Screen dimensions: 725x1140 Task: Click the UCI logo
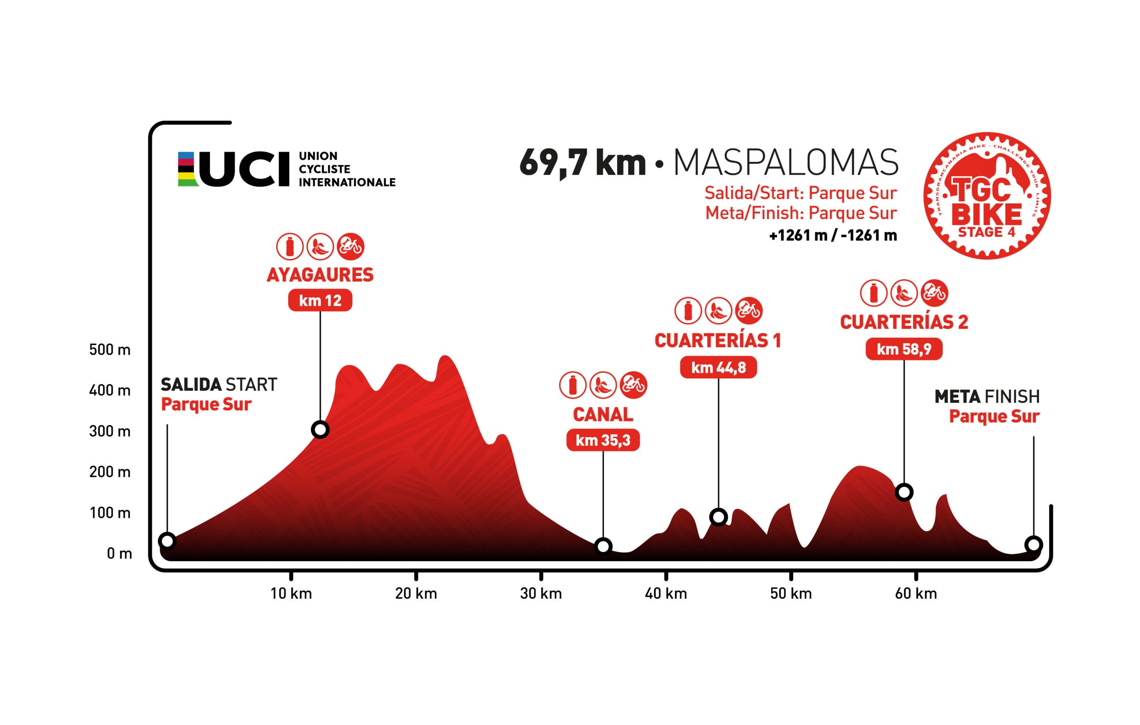286,169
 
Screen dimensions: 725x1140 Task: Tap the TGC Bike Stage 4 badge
987,195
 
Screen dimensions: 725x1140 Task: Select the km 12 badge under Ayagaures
320,300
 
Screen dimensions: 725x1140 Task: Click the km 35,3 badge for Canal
603,440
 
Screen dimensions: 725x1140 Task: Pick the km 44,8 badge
718,367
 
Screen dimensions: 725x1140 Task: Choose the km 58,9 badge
904,349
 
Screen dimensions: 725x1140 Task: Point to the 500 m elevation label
110,350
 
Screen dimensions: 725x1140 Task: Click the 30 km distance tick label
541,593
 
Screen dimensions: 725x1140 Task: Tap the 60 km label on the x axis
916,593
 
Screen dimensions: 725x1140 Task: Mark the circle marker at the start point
167,540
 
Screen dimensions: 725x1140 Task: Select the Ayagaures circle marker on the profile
320,429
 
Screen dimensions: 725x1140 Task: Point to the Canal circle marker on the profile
603,546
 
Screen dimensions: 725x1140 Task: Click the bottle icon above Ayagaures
290,247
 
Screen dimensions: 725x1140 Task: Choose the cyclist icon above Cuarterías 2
934,292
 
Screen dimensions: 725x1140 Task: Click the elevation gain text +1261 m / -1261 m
833,235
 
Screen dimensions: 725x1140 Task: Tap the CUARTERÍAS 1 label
718,340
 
